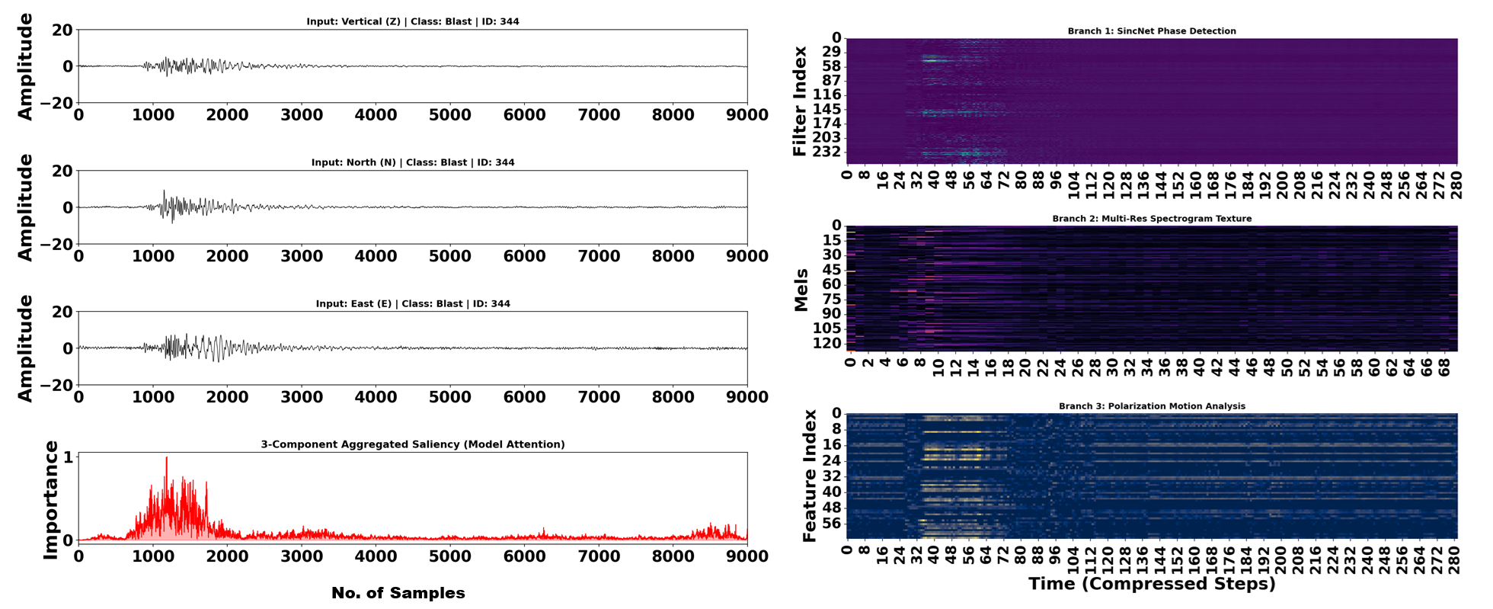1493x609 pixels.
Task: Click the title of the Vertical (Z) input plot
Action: [413, 21]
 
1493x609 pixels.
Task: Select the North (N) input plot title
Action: [413, 162]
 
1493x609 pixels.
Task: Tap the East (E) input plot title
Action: [413, 303]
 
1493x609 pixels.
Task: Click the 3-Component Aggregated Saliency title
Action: [413, 444]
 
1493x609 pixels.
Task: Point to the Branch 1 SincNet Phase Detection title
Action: [1152, 31]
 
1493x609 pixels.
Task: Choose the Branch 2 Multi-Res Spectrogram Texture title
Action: [1152, 219]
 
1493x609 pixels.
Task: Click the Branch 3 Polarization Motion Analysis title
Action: [1152, 406]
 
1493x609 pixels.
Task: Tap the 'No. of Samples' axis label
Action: [398, 593]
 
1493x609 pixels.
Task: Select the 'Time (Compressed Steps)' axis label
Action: [1152, 585]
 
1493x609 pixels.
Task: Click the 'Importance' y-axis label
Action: [51, 500]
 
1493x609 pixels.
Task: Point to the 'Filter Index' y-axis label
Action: [800, 101]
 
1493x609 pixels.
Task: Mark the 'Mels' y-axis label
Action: [801, 290]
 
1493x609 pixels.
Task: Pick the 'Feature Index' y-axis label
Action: [810, 476]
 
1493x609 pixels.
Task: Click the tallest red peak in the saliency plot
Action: [166, 458]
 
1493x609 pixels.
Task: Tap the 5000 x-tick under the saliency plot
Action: [450, 556]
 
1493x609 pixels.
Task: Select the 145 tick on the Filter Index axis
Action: [826, 109]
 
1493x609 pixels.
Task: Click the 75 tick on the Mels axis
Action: [830, 299]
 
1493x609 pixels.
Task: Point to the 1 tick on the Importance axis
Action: [69, 457]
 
